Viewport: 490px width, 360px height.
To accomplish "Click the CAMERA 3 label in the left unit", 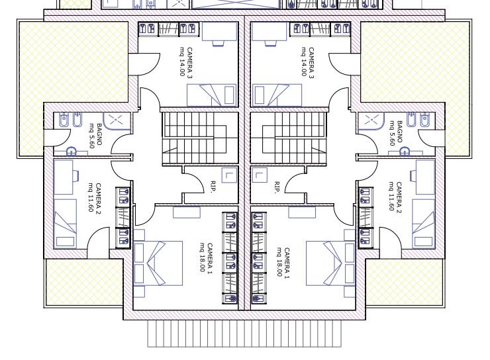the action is [x=189, y=63].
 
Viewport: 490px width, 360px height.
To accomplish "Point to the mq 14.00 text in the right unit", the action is [x=304, y=62].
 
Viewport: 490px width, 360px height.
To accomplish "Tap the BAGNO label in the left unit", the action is [x=99, y=134].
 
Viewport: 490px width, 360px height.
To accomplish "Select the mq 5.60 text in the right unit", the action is [x=392, y=133].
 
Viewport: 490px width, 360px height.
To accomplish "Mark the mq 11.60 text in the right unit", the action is [x=391, y=196].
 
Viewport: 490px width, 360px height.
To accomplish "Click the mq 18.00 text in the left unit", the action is [x=203, y=257].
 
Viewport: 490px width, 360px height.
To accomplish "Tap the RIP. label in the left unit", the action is [x=214, y=187].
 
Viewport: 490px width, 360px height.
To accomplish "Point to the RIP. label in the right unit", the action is [x=277, y=187].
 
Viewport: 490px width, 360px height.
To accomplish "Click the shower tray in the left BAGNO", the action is [x=117, y=120].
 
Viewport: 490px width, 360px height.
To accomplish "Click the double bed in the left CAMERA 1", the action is [x=158, y=263].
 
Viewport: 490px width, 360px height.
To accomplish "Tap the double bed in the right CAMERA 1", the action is [x=330, y=263].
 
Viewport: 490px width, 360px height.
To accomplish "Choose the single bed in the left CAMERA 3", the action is [x=212, y=95].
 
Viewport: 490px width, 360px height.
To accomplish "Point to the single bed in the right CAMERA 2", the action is [x=423, y=224].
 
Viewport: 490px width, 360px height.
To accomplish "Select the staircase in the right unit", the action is [x=289, y=138].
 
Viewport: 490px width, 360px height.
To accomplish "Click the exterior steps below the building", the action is [x=244, y=334].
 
